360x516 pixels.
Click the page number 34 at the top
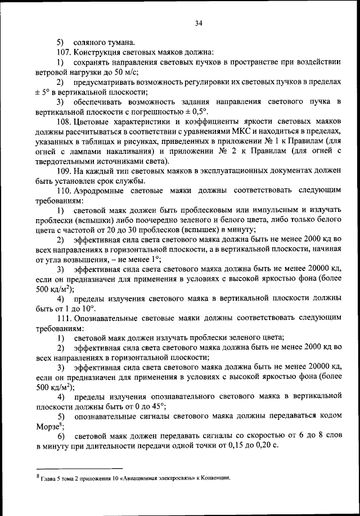[198, 23]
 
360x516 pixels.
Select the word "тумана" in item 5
[118, 42]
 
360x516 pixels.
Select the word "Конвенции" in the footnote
[215, 478]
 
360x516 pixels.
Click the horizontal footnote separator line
[79, 468]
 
